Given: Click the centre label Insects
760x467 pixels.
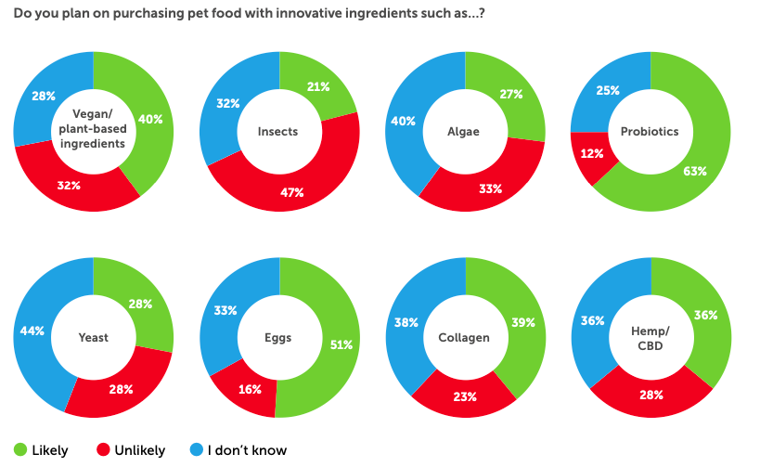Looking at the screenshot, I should pos(278,131).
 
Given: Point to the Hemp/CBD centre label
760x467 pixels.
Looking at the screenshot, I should pos(651,337).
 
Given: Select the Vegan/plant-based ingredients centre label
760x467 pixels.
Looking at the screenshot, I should pos(93,131).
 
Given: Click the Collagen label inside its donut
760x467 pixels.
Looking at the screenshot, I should pos(464,337).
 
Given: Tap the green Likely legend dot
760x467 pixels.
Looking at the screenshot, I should pos(19,450).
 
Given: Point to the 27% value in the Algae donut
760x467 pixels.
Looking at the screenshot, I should pos(510,94).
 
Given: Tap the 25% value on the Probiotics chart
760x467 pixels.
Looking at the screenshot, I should pos(608,89).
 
